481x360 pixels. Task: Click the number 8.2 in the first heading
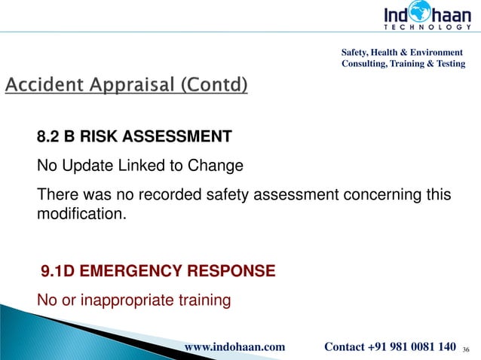(49, 137)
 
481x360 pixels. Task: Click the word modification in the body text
(80, 214)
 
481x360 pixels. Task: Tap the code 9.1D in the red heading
(58, 270)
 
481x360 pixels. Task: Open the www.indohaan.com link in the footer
(234, 346)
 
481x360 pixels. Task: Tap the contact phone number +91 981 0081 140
(412, 346)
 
